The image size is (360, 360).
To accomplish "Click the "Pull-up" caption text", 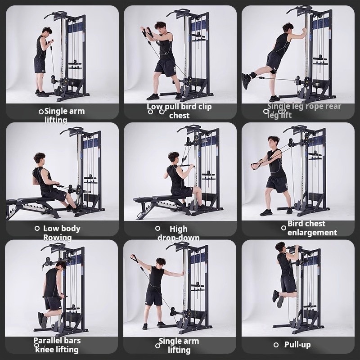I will point(297,345).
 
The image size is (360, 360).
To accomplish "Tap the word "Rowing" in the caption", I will point(57,238).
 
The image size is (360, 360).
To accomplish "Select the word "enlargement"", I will point(312,233).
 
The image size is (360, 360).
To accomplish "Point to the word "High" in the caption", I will point(179,229).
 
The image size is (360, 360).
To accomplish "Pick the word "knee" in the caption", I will point(44,350).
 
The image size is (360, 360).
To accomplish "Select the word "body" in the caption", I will point(71,229).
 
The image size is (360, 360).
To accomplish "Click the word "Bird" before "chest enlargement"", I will point(297,224).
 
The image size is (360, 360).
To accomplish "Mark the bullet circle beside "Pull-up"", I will point(276,345).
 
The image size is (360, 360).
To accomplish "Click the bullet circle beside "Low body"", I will point(37,229).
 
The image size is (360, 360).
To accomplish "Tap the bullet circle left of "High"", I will point(157,229).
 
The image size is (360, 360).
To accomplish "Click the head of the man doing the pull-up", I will point(281,247).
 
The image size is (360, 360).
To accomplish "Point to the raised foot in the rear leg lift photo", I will point(246,80).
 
